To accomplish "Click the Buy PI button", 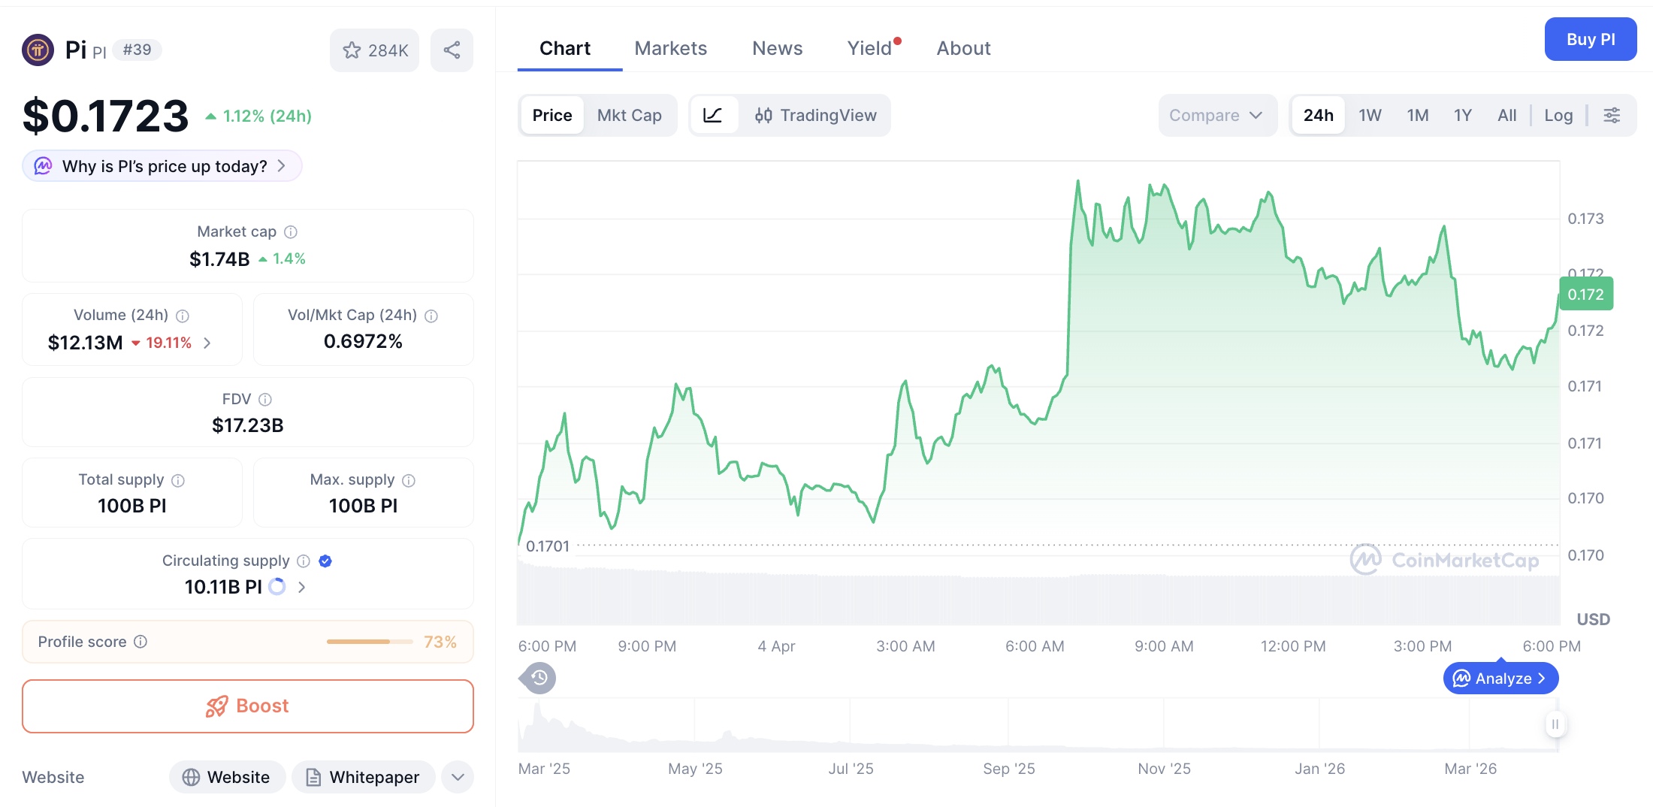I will [x=1590, y=39].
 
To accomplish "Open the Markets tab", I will [x=670, y=48].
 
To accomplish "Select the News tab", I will [x=777, y=48].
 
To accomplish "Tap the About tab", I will [x=963, y=48].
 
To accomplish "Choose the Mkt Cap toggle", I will [x=629, y=115].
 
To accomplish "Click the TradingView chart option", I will [x=816, y=115].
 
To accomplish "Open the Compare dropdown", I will [x=1215, y=115].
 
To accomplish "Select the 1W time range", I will [x=1370, y=115].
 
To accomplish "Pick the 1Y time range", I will [x=1462, y=115].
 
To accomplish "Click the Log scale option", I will [x=1558, y=115].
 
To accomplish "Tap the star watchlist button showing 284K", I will [x=374, y=50].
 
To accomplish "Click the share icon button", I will [x=452, y=50].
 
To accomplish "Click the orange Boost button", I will [x=248, y=706].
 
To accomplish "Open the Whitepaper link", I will [x=363, y=777].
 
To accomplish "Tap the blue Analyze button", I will [x=1500, y=679].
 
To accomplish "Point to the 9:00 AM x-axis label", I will [x=1164, y=646].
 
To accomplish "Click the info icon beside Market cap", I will [x=291, y=232].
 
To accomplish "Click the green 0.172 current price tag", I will [x=1585, y=295].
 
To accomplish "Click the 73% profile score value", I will [x=440, y=642].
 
